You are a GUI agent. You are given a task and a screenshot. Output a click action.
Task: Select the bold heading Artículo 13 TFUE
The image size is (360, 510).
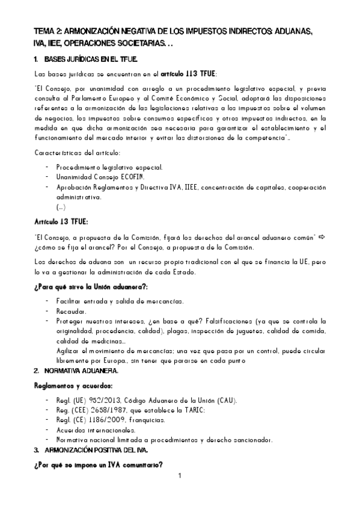click(62, 220)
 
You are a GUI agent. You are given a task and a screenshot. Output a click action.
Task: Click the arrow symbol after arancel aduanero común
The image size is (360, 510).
click(322, 236)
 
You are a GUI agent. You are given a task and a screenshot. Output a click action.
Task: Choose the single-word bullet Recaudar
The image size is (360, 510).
click(71, 312)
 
